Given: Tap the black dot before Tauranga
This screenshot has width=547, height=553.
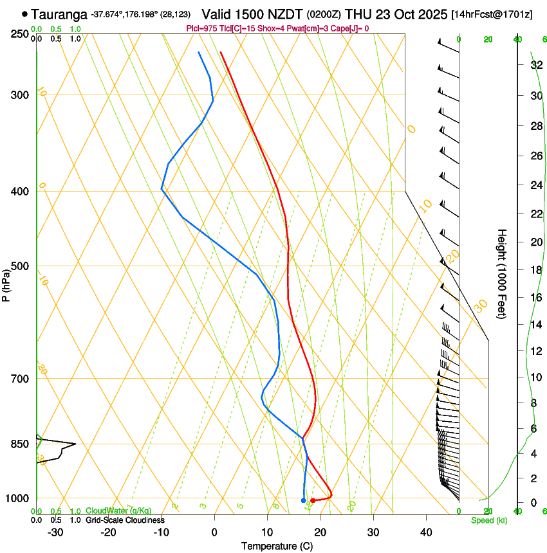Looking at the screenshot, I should [x=24, y=14].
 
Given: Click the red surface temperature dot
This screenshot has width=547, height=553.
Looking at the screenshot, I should [x=313, y=500].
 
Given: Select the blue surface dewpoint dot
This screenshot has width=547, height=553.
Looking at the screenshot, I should [x=303, y=500].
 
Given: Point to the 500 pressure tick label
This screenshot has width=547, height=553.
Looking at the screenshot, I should [x=21, y=266].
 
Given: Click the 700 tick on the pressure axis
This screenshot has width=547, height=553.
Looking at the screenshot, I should [x=21, y=379].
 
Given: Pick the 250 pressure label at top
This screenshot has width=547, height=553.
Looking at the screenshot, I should [x=21, y=34].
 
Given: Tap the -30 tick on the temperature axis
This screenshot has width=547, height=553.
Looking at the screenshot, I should [x=55, y=532].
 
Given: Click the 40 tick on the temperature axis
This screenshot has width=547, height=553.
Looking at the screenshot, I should [x=425, y=532].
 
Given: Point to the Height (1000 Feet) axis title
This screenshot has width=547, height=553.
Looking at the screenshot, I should [x=502, y=273].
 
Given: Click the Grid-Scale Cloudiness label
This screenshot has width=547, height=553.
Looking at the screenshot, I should [x=125, y=520].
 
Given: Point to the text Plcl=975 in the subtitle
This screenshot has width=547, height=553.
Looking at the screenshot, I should [x=201, y=28].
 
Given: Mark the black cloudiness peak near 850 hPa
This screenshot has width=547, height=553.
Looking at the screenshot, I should [x=75, y=444].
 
